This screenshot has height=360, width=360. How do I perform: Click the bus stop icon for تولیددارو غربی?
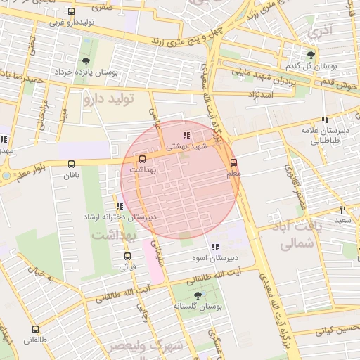tap(71, 12)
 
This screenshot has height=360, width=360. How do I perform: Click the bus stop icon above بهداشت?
tap(143, 160)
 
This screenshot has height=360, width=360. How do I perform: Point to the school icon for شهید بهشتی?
tap(186, 135)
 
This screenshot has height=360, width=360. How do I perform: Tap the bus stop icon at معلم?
tap(234, 162)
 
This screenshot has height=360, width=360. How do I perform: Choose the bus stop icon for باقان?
tap(71, 165)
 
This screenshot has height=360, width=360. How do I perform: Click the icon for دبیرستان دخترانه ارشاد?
tap(120, 207)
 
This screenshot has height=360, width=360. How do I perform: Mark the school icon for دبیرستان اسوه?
tap(215, 247)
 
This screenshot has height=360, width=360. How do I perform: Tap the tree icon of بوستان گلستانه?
tap(195, 296)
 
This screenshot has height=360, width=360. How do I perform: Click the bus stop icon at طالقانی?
tap(36, 329)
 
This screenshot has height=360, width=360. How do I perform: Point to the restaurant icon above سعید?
tap(343, 210)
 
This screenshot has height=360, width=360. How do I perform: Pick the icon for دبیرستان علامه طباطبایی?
tap(323, 120)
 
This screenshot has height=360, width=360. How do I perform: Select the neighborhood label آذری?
tap(322, 30)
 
